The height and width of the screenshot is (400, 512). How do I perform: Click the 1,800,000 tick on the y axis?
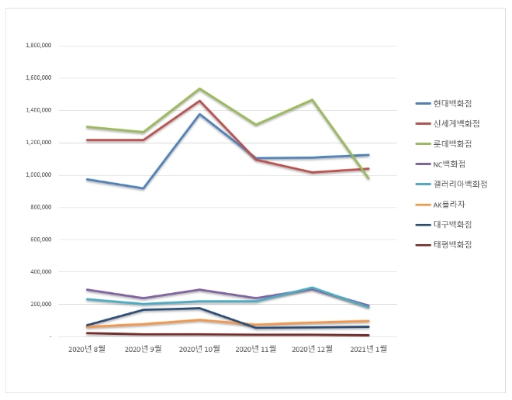pyautogui.click(x=39, y=46)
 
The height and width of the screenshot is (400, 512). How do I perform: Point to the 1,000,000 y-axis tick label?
pyautogui.click(x=39, y=175)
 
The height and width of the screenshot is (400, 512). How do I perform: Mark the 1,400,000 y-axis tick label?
pyautogui.click(x=39, y=110)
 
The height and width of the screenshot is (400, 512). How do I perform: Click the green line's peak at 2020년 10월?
pyautogui.click(x=199, y=89)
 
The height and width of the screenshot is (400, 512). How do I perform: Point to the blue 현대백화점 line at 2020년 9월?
pyautogui.click(x=143, y=188)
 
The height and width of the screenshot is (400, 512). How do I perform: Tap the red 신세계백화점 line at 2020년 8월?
pyautogui.click(x=87, y=140)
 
